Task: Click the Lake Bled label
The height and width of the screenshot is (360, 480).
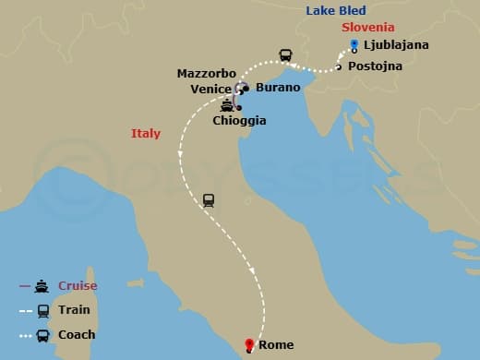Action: (x=338, y=11)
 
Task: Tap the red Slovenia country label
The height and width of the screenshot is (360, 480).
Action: (x=367, y=28)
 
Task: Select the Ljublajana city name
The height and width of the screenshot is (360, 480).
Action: (x=396, y=45)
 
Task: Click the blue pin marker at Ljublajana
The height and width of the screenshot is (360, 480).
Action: (x=354, y=44)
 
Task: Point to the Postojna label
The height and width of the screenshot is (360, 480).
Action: (x=375, y=66)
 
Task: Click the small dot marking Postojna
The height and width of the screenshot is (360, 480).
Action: (x=339, y=66)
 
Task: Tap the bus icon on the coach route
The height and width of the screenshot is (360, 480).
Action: (x=285, y=55)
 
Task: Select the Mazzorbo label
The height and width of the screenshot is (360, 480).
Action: (x=207, y=73)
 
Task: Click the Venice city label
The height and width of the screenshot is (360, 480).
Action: (x=210, y=89)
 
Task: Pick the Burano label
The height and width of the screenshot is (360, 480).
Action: (x=278, y=88)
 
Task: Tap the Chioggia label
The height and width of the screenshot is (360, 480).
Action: (x=239, y=120)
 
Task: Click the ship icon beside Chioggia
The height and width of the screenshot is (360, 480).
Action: (x=225, y=105)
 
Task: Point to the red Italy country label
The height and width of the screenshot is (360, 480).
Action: (x=146, y=134)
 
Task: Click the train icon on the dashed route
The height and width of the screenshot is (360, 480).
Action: (x=208, y=199)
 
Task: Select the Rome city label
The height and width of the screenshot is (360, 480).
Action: (x=276, y=345)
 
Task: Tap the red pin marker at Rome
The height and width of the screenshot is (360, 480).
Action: (x=248, y=345)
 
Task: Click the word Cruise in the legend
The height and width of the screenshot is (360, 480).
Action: (x=78, y=286)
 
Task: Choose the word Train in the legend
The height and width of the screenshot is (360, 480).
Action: (x=74, y=310)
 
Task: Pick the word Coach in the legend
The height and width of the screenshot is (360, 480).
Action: (x=76, y=335)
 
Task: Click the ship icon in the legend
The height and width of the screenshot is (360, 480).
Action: (x=42, y=286)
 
